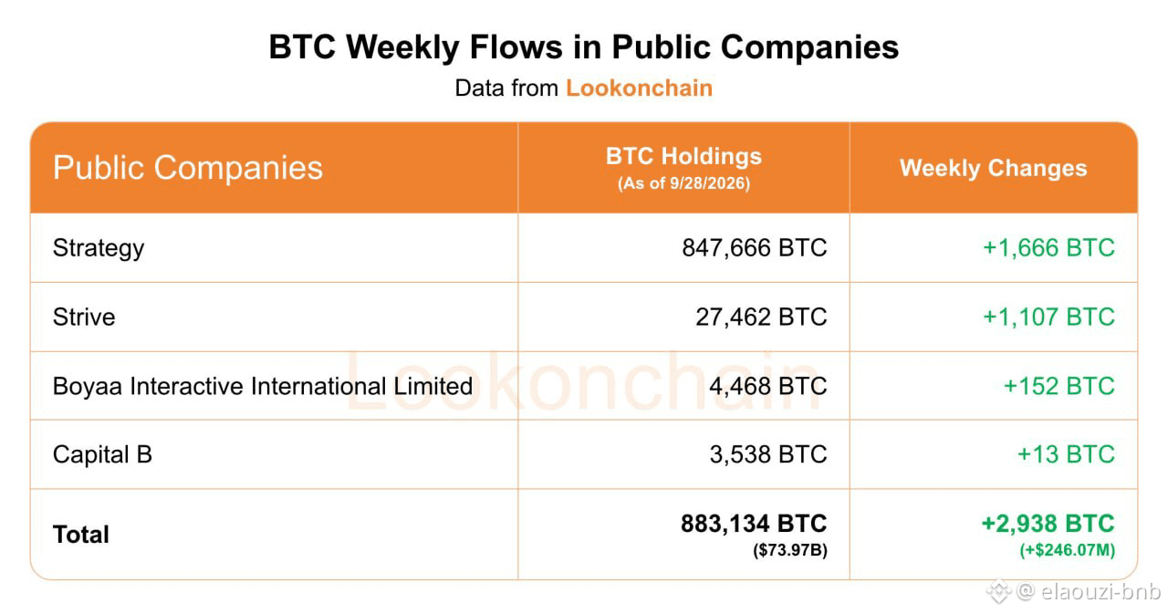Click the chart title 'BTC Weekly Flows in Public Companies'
click(583, 47)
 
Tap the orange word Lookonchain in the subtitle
click(640, 88)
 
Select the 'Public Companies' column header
click(188, 169)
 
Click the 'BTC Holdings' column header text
click(683, 156)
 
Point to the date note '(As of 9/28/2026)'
click(683, 183)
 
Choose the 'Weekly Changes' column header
click(994, 169)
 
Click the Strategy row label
click(99, 248)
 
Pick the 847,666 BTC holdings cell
click(755, 247)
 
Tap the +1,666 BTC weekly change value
click(1048, 247)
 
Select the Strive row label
click(84, 317)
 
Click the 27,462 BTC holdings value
click(761, 317)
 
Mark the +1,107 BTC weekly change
click(1048, 317)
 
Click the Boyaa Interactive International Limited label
click(263, 386)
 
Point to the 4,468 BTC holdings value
click(768, 386)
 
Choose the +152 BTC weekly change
click(1059, 386)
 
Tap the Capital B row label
click(102, 454)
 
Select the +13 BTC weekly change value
click(1066, 454)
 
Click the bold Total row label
click(81, 535)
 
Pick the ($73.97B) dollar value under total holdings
click(790, 550)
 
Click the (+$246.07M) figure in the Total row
click(1068, 550)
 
